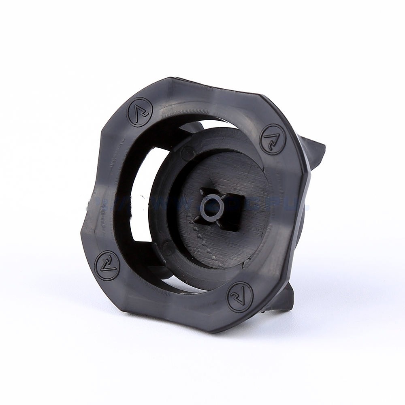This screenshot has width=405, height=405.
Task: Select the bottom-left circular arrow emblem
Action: (x=107, y=266)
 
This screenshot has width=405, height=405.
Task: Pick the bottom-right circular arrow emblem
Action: (x=240, y=296)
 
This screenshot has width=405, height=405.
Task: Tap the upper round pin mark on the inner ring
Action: (x=188, y=153)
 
